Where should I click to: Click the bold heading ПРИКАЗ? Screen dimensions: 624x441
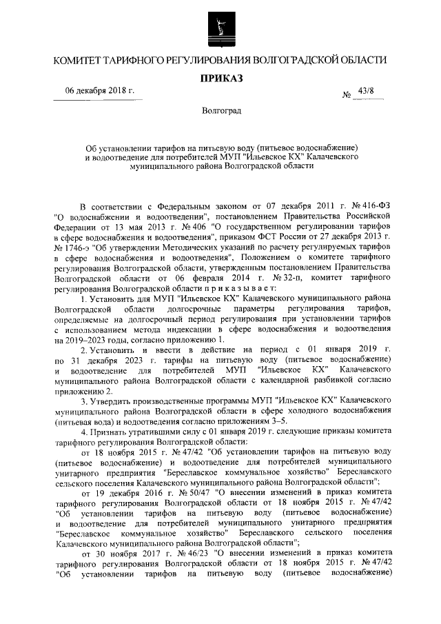[220, 79]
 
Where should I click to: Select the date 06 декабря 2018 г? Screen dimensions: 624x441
[100, 92]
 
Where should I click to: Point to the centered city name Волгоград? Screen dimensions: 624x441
[220, 112]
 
